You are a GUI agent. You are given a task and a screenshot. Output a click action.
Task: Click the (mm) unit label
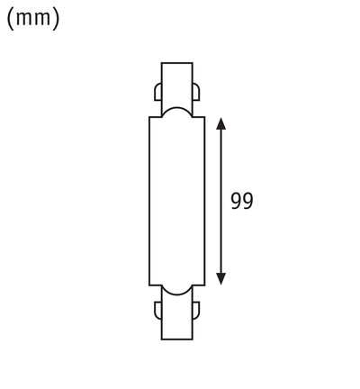pos(33,19)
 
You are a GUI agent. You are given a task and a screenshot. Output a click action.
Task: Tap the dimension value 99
pos(241,201)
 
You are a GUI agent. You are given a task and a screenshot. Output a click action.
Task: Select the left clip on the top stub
pos(157,93)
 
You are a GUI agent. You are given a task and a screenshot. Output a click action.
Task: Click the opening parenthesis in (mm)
pos(11,19)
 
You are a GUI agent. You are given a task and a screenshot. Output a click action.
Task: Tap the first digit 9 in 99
pos(236,201)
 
